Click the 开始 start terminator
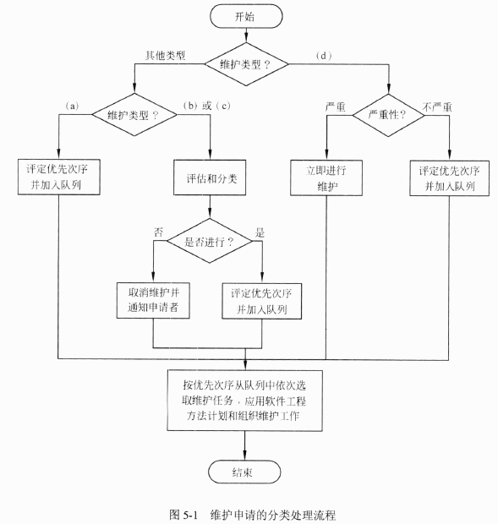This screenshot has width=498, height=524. [246, 16]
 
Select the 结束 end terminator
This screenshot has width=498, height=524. [244, 472]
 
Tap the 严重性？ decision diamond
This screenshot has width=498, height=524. [388, 115]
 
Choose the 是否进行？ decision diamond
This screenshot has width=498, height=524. [210, 241]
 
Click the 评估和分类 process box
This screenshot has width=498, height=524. [210, 177]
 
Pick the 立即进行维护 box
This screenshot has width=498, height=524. [326, 177]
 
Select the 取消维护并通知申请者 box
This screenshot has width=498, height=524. [153, 300]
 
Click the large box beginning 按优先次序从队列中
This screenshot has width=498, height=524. [244, 401]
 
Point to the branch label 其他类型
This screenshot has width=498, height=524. [165, 56]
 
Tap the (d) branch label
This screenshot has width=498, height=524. [324, 56]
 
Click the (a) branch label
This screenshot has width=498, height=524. [72, 106]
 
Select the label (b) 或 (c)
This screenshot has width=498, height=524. [207, 106]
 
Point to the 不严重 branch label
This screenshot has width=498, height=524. [437, 107]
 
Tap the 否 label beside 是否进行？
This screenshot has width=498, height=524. [158, 232]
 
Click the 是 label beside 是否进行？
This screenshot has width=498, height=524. [260, 232]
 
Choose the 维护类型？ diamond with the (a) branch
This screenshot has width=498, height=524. [134, 115]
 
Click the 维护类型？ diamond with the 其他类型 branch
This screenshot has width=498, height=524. [246, 64]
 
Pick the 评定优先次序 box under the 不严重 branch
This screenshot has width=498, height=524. [450, 178]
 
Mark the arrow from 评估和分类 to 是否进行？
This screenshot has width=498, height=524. [210, 206]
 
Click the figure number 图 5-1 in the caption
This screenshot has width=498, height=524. [183, 515]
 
